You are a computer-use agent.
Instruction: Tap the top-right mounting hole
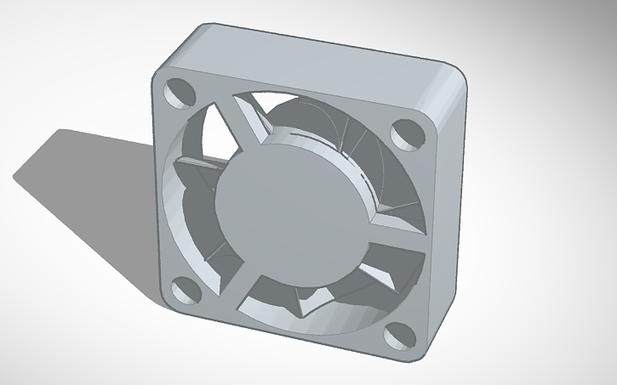click(x=402, y=133)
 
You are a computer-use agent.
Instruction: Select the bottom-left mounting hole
click(x=184, y=292)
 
